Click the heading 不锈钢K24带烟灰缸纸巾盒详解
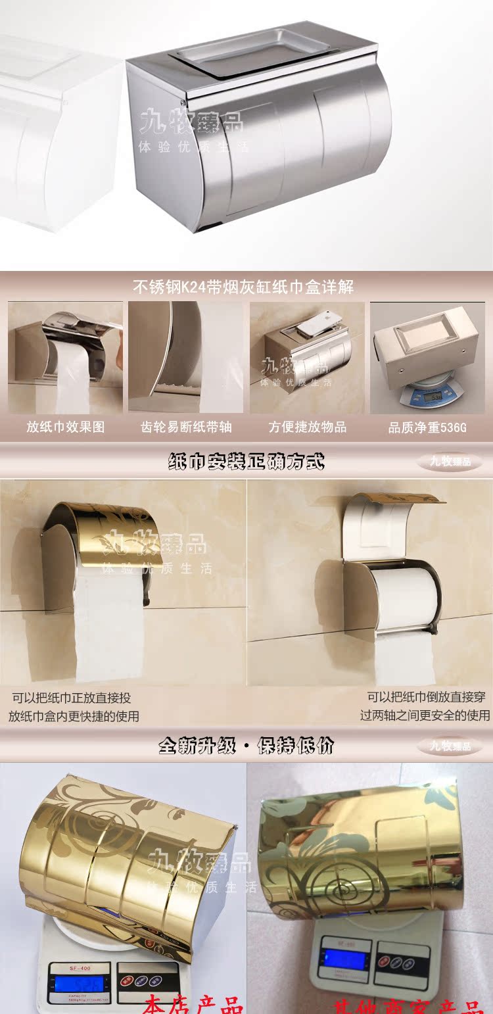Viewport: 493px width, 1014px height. tap(243, 287)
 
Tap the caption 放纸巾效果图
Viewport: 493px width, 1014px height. tap(65, 427)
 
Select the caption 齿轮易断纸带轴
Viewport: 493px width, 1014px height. tap(187, 427)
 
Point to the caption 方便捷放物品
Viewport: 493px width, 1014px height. tap(307, 427)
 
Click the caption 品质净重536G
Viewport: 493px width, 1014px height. tap(427, 427)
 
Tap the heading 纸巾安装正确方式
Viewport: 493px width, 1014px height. tap(246, 462)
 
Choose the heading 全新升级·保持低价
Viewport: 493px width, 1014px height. tap(246, 746)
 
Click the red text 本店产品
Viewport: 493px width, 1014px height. tap(194, 1005)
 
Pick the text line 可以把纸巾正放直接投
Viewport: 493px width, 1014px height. tap(72, 698)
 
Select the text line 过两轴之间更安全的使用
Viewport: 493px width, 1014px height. tap(425, 715)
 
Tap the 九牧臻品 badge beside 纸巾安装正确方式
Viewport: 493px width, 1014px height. tap(450, 462)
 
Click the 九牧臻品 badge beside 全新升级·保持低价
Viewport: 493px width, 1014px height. tap(450, 746)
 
